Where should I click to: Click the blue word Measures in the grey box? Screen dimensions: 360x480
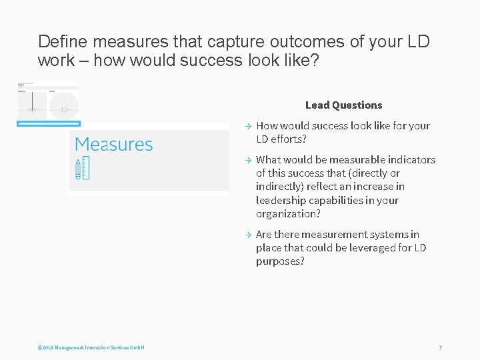tap(114, 145)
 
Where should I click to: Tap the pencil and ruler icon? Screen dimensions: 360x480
tap(82, 169)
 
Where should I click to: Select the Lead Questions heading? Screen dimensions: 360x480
tap(343, 105)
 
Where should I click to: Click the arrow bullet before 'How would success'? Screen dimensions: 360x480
tap(246, 126)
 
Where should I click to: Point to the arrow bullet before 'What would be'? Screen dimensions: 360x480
tap(246, 160)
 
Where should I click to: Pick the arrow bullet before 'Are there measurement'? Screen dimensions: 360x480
tap(246, 235)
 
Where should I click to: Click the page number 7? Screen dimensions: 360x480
tap(440, 348)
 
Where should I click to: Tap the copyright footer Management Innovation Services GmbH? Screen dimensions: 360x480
tap(91, 348)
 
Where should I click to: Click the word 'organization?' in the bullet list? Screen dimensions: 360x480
tap(288, 213)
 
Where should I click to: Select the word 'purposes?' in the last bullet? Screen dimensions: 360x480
tap(280, 261)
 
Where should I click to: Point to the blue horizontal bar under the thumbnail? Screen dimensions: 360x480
tap(48, 123)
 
